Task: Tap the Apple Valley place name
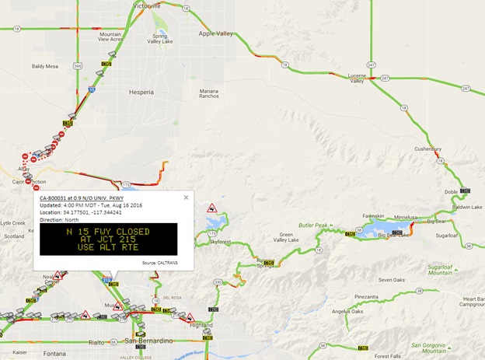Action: tap(217, 33)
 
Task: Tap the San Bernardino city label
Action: tap(147, 341)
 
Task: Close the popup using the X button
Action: tap(186, 197)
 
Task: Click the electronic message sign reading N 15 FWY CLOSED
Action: tap(108, 239)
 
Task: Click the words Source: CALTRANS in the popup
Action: tap(160, 263)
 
